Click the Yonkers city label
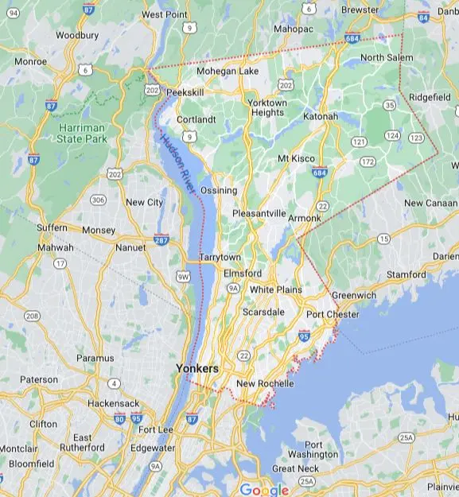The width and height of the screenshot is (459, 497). tap(197, 369)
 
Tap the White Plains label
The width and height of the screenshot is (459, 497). tap(276, 289)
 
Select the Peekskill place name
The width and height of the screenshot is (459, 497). tap(185, 92)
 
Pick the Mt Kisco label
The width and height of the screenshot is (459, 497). tap(296, 158)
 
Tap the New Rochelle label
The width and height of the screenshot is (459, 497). tap(265, 383)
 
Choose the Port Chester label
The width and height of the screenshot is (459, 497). tap(333, 313)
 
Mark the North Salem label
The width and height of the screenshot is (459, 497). tap(387, 57)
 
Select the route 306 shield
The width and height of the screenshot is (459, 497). tap(98, 200)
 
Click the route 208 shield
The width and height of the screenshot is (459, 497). tap(32, 316)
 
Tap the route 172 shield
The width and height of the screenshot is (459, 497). tap(367, 162)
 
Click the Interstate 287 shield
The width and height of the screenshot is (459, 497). tap(161, 239)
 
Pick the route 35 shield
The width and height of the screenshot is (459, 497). tap(389, 105)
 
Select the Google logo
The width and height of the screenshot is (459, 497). tap(263, 489)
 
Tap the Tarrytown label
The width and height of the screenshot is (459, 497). tap(220, 258)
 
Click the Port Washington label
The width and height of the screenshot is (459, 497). tap(313, 449)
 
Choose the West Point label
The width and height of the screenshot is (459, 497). tap(165, 15)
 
